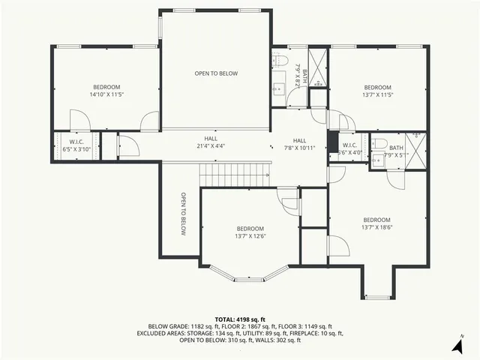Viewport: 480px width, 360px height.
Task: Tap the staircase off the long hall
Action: point(234,175)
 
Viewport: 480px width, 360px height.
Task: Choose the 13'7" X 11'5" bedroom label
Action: point(377,91)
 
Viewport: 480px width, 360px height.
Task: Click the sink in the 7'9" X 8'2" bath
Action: point(278,82)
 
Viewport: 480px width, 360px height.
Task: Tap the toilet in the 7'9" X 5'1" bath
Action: point(380,143)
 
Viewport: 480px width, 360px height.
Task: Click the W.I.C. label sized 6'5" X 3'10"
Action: point(76,145)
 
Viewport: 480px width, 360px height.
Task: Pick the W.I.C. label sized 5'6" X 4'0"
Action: point(349,148)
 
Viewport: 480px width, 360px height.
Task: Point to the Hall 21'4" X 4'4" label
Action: point(211,142)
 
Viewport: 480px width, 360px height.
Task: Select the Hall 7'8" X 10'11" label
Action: point(299,145)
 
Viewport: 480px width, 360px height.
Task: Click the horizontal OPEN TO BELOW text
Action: point(216,73)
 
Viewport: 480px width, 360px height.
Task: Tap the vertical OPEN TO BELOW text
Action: point(181,214)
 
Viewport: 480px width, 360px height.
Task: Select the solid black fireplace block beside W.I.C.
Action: point(333,142)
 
